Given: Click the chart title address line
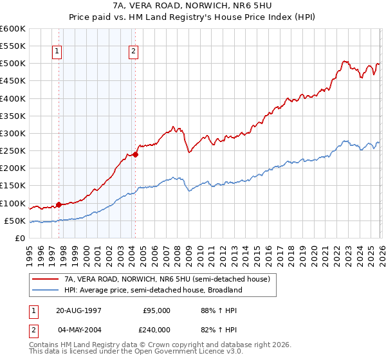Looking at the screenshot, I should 192,6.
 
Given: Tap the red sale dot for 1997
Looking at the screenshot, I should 59,205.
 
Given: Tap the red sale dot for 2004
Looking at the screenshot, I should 136,154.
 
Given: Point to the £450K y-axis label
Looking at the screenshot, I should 13,81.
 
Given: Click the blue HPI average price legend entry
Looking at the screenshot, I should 152,290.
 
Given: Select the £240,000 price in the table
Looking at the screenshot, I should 156,329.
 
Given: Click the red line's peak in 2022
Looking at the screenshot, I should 344,62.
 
